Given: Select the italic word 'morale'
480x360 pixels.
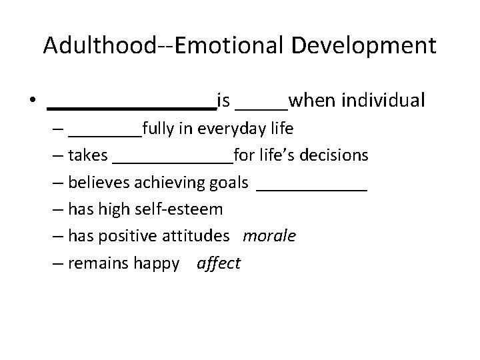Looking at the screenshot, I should coord(269,236).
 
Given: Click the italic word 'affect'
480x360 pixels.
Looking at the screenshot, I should coord(219,263).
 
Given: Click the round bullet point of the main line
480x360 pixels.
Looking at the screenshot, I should coord(32,102).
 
